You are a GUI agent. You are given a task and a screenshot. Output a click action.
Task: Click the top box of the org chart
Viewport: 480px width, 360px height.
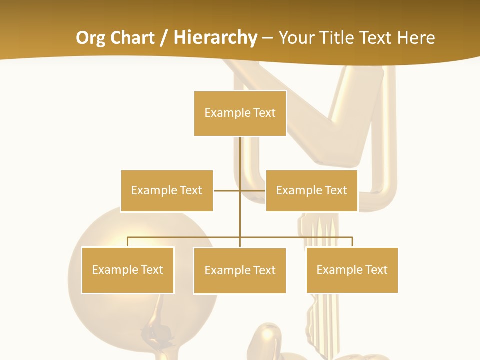tap(240, 113)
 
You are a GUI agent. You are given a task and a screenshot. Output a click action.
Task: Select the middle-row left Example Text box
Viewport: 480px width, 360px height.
tap(167, 191)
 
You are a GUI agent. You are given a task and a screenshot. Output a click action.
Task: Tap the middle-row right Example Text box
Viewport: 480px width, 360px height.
tap(311, 191)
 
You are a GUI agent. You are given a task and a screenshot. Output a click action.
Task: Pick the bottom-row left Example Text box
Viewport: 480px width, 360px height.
tap(127, 270)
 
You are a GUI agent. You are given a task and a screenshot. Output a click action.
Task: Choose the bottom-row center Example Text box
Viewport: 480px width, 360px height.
tap(240, 271)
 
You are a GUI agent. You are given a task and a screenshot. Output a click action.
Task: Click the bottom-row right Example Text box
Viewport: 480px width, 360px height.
tap(352, 270)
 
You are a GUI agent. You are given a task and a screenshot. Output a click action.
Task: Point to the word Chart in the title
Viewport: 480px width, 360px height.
tap(131, 38)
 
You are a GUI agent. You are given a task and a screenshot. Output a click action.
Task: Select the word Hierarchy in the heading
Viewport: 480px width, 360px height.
tap(215, 38)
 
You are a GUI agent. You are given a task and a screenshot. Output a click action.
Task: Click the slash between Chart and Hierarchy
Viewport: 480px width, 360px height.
tap(163, 38)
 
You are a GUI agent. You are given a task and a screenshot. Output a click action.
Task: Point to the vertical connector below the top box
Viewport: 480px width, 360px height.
tap(240, 155)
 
